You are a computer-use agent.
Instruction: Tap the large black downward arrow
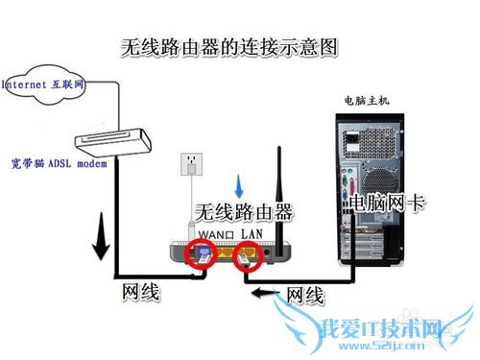pyautogui.click(x=99, y=246)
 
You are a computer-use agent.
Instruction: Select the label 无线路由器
pyautogui.click(x=244, y=212)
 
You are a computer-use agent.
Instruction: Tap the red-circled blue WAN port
pyautogui.click(x=204, y=255)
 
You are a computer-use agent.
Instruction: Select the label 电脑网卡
pyautogui.click(x=383, y=203)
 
